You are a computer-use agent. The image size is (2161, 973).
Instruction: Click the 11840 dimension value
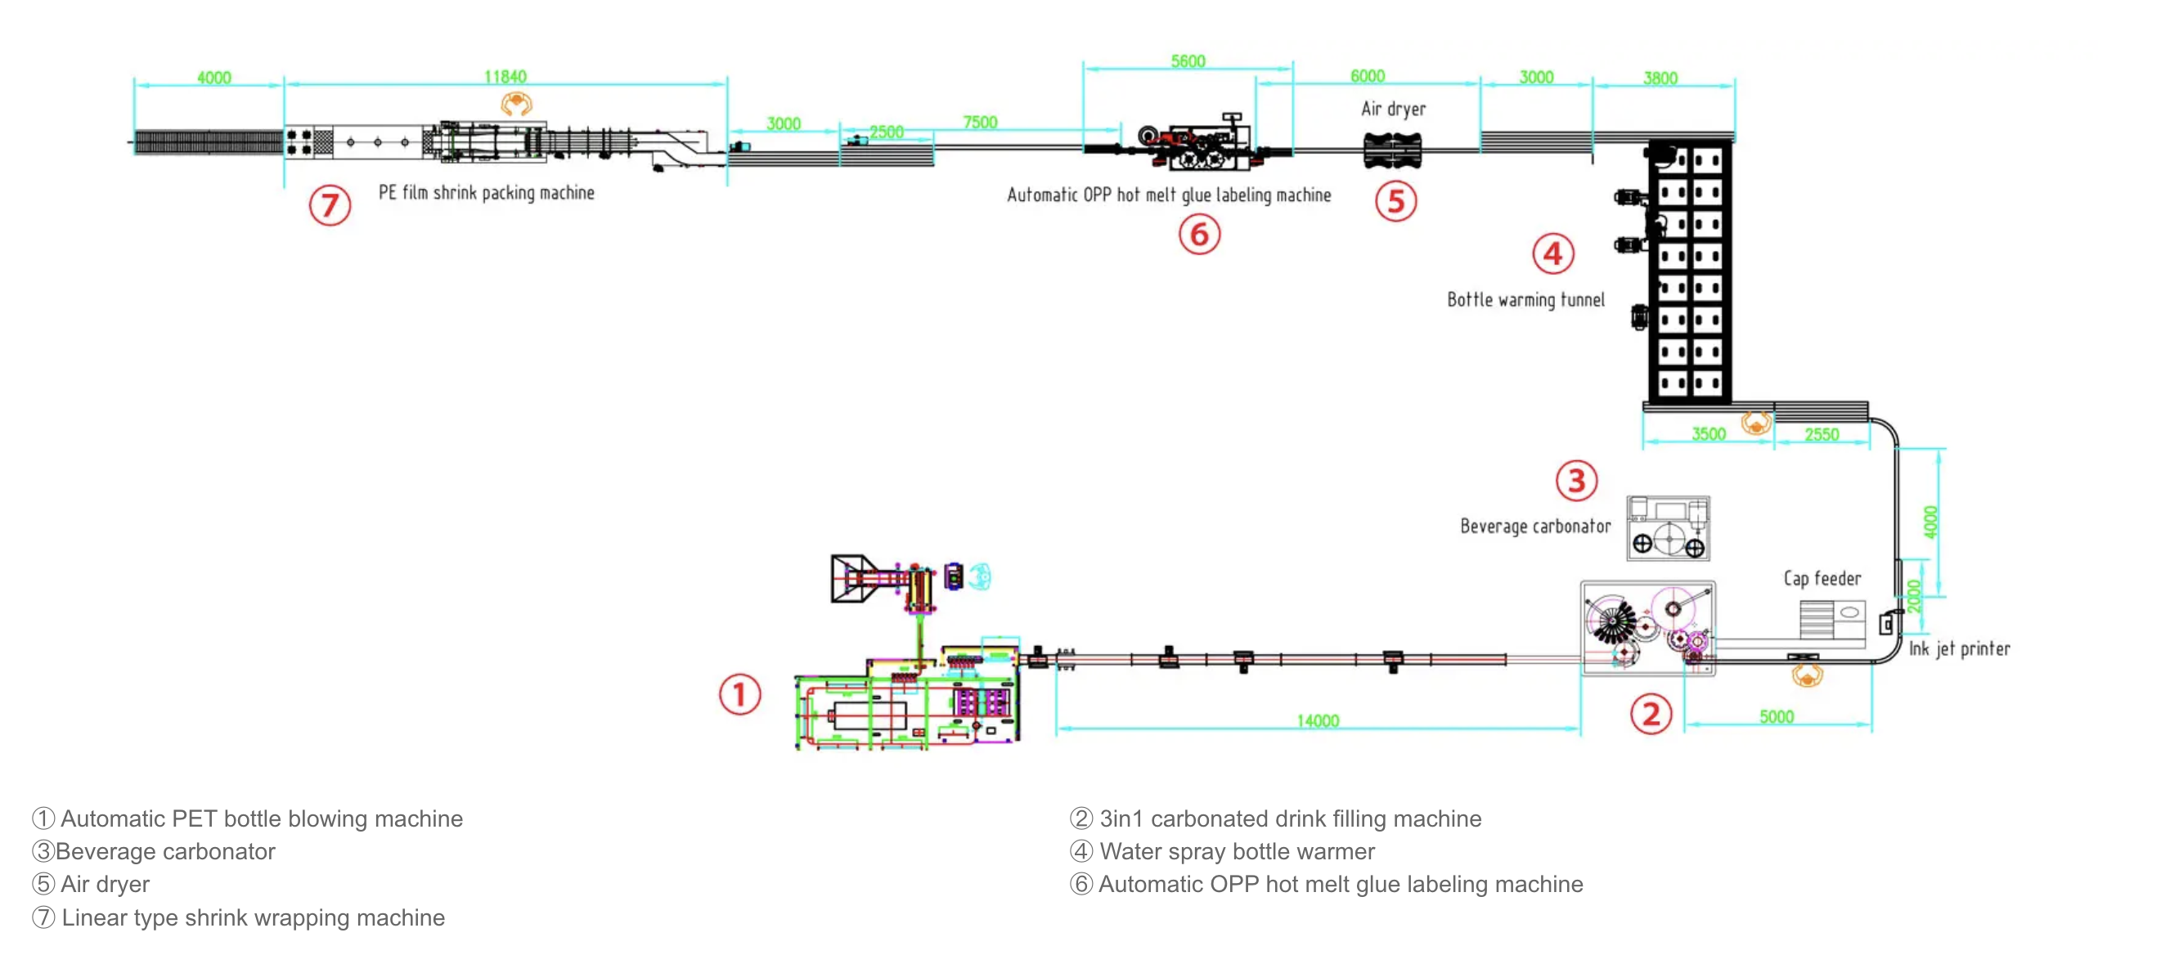pos(505,77)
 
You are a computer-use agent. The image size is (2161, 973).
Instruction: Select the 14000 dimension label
pos(1318,721)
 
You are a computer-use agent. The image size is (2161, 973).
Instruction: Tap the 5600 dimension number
pos(1188,61)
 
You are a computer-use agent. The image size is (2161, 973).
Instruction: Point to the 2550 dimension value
pos(1822,434)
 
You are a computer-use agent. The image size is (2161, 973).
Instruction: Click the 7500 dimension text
pos(980,123)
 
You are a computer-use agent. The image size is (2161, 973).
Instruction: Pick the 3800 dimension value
pos(1660,78)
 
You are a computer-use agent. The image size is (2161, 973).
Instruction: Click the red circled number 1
pos(739,694)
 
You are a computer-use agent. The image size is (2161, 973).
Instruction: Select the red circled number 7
pos(330,205)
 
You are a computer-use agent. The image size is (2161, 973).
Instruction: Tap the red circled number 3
pos(1576,481)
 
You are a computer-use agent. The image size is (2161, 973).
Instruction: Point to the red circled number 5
pos(1396,201)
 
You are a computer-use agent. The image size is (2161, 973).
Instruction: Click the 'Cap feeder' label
pos(1822,579)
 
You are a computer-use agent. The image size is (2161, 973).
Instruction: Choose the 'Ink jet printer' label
pos(1960,648)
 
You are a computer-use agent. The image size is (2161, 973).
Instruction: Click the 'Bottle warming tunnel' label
pos(1525,300)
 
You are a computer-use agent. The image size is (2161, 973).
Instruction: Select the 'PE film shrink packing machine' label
pos(487,193)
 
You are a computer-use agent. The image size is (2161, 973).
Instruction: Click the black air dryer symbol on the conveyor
pos(1393,151)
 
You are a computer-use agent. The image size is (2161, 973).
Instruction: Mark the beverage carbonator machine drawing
pos(1668,528)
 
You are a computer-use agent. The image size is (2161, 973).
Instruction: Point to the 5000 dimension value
pos(1776,717)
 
